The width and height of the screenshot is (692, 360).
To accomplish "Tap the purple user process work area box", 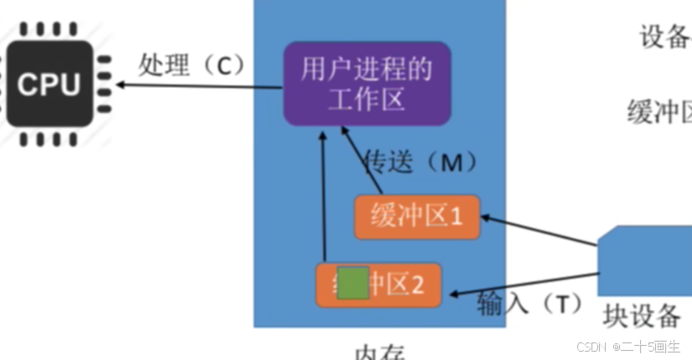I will point(366,84).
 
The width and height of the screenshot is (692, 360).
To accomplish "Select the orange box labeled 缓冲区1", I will point(416,218).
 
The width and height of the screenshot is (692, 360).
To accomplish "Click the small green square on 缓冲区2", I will point(352,283).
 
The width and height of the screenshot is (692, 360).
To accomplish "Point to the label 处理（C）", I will point(191,65).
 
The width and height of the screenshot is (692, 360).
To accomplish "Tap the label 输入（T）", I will point(529,303).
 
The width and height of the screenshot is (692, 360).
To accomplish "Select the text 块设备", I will point(642,316).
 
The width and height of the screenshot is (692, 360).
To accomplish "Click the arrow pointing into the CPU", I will point(193,84).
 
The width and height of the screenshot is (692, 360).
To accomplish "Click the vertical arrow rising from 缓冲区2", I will point(323,201).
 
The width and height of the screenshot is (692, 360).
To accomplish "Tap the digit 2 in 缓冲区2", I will point(417,285).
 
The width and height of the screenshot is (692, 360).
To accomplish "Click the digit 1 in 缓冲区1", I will point(457,218).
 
